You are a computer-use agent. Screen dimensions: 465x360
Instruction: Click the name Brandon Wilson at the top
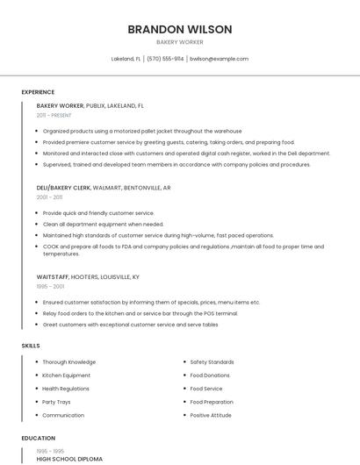[x=179, y=29]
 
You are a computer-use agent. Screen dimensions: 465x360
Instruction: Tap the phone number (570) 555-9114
[x=165, y=59]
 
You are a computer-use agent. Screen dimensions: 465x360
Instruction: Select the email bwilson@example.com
[x=220, y=59]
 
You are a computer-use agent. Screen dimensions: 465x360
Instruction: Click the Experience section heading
[x=38, y=92]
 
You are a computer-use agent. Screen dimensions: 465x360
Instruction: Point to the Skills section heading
[x=31, y=346]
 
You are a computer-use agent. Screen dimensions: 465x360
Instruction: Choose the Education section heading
[x=39, y=438]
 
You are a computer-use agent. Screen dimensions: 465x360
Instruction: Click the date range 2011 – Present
[x=54, y=115]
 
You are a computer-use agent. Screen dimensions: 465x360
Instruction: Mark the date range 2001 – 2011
[x=49, y=197]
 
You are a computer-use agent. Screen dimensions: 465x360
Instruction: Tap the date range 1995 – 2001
[x=50, y=286]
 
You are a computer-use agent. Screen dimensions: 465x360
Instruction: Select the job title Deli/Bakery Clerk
[x=63, y=188]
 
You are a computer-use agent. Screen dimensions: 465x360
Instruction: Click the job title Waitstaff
[x=53, y=276]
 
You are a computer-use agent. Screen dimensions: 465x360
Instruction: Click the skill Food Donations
[x=211, y=376]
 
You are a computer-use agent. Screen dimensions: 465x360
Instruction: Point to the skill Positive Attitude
[x=211, y=415]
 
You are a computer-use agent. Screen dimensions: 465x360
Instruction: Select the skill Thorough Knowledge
[x=68, y=362]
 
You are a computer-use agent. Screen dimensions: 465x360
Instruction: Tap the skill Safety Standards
[x=212, y=362]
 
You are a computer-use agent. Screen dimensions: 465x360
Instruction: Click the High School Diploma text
[x=69, y=459]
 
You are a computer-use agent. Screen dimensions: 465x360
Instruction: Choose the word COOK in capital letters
[x=51, y=247]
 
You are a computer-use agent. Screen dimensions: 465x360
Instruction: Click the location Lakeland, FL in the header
[x=126, y=59]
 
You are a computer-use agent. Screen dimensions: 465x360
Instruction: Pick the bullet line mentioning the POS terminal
[x=140, y=313]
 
